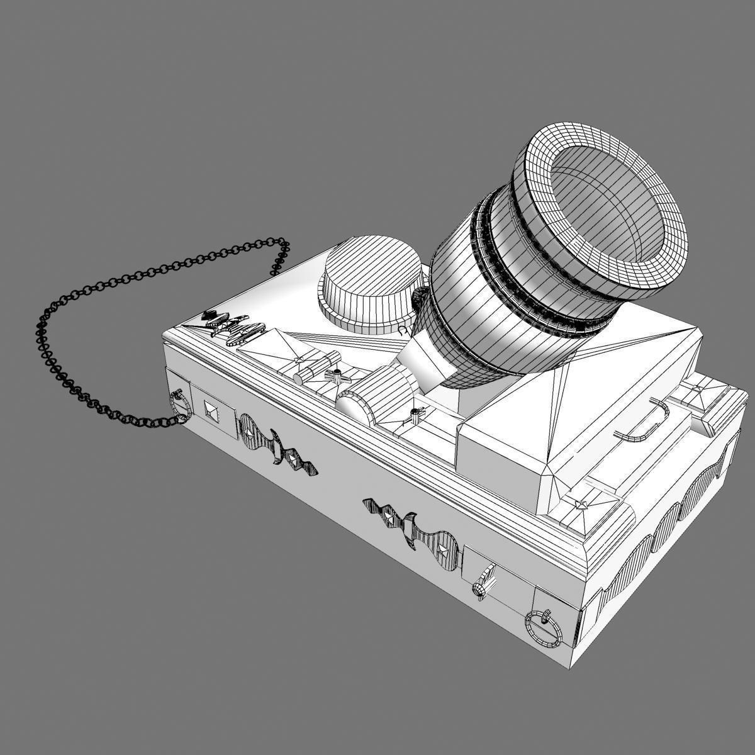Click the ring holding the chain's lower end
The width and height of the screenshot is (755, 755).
(180, 406)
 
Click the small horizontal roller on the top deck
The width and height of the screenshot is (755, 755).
(311, 370)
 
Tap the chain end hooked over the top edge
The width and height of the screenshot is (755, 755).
(279, 255)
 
